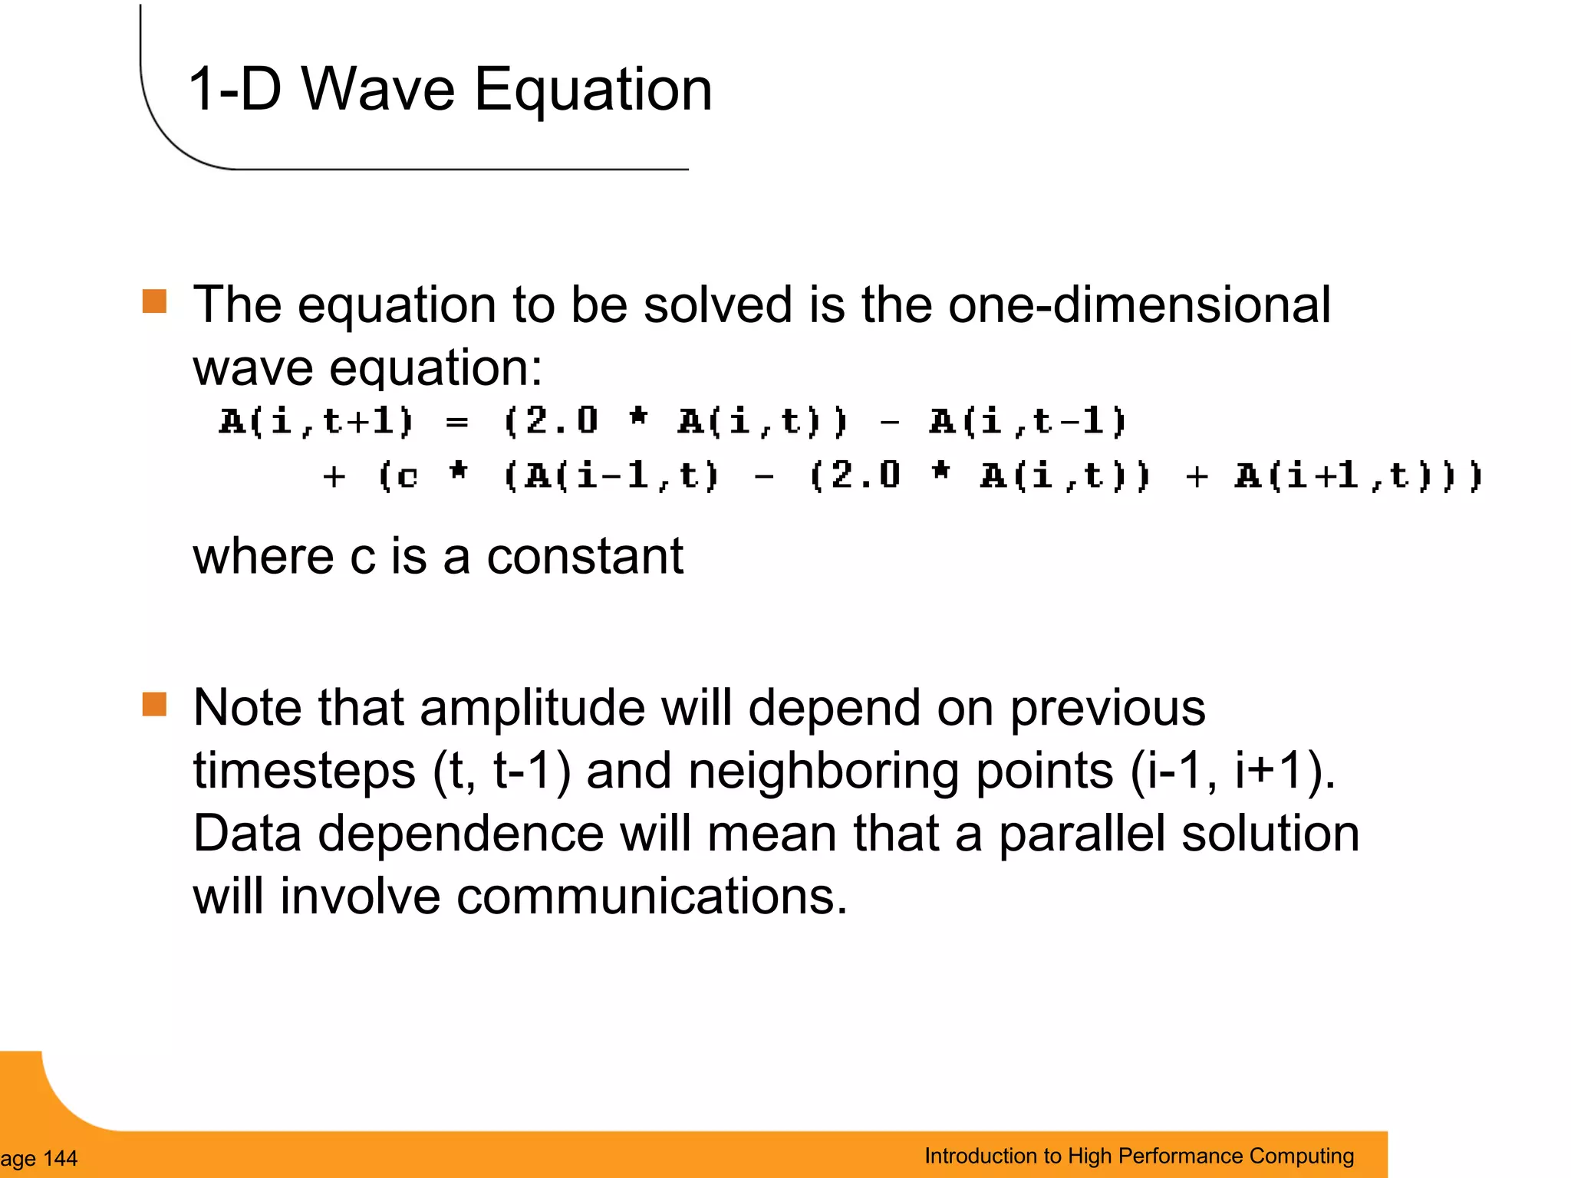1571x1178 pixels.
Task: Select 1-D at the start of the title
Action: (x=234, y=90)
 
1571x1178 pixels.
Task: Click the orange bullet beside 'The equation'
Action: (x=154, y=301)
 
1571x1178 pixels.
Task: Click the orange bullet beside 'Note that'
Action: (x=154, y=704)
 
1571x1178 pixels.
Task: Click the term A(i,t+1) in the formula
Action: (x=316, y=422)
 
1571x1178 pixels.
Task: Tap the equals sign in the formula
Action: (x=456, y=423)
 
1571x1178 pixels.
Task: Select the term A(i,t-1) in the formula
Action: (x=1028, y=422)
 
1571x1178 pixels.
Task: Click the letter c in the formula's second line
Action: (x=407, y=477)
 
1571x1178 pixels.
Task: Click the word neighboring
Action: (x=824, y=771)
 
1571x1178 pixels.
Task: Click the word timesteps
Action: (x=304, y=771)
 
